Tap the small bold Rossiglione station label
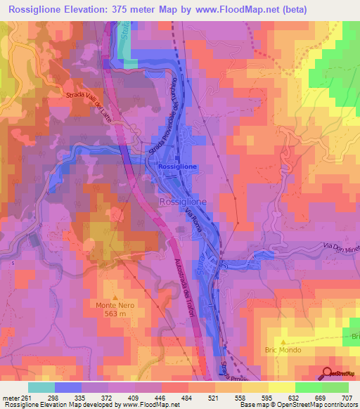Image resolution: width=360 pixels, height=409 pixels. coord(178,167)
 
